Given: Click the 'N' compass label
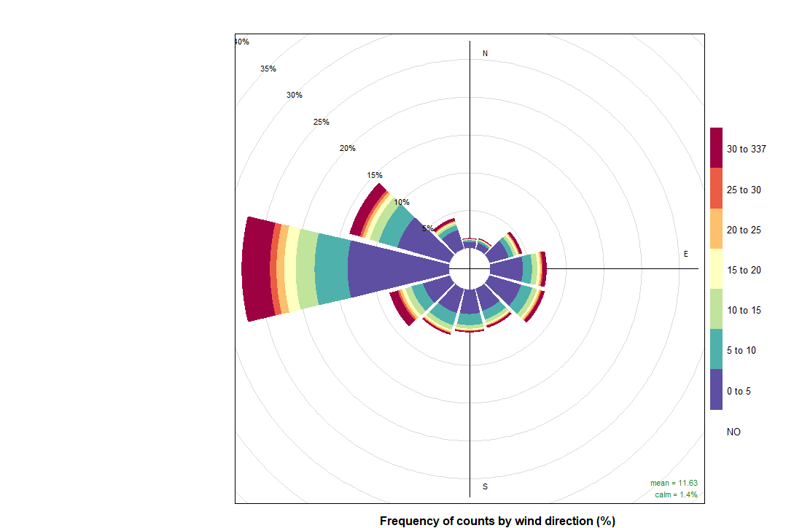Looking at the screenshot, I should (486, 54).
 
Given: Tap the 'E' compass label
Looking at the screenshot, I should (685, 254).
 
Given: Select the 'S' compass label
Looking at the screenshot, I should (486, 486).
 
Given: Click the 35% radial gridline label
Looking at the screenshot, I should (268, 69).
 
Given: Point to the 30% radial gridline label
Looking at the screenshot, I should (295, 95).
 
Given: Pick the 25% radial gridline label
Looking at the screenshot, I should (321, 122).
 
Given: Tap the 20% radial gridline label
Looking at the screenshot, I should (348, 149).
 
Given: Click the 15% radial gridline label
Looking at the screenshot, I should (375, 175).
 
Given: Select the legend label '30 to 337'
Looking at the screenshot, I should (747, 150).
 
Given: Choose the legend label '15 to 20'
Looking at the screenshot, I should (743, 271).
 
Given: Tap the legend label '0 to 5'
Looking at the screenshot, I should (739, 391).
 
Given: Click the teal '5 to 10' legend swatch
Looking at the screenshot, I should (717, 349).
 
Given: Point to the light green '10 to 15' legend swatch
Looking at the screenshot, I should (717, 309).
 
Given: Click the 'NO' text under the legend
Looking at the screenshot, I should (733, 432).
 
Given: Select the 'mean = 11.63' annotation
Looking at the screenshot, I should (674, 483).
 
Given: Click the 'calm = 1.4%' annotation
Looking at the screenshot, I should (676, 494).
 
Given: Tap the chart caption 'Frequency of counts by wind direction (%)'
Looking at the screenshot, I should (498, 521).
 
